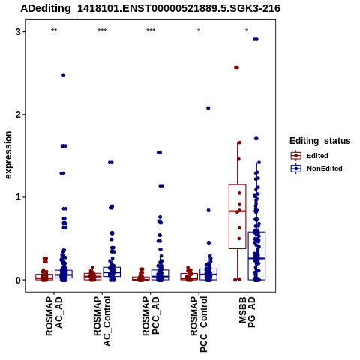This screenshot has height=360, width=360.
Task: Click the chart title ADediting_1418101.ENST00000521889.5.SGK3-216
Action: pyautogui.click(x=150, y=8)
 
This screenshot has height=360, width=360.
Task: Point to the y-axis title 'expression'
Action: pyautogui.click(x=8, y=155)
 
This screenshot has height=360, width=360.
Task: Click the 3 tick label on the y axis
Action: pyautogui.click(x=18, y=32)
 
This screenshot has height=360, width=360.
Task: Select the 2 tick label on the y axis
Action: pyautogui.click(x=18, y=115)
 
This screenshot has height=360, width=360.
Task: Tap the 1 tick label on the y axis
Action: pyautogui.click(x=18, y=197)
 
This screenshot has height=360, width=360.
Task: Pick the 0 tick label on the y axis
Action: pyautogui.click(x=18, y=280)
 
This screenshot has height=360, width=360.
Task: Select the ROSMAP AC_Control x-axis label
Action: pyautogui.click(x=102, y=321)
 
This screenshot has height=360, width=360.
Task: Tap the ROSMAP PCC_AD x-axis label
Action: pyautogui.click(x=151, y=316)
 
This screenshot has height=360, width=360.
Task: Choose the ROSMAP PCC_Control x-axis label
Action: pyautogui.click(x=199, y=324)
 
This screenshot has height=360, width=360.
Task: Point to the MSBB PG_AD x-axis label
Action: pyautogui.click(x=247, y=312)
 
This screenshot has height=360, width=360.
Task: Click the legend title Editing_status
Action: pyautogui.click(x=320, y=141)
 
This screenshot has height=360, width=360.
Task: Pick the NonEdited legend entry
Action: pyautogui.click(x=316, y=169)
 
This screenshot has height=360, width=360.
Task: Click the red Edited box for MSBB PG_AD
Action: pyautogui.click(x=238, y=217)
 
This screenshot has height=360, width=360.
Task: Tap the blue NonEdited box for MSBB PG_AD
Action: pyautogui.click(x=256, y=256)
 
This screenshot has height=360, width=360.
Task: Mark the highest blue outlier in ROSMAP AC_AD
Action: pyautogui.click(x=64, y=75)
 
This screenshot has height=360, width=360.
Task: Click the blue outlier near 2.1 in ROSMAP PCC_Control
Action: pyautogui.click(x=208, y=108)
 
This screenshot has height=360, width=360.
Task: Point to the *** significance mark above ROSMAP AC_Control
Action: pyautogui.click(x=102, y=31)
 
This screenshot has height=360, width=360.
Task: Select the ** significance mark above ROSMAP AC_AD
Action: pyautogui.click(x=54, y=31)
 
